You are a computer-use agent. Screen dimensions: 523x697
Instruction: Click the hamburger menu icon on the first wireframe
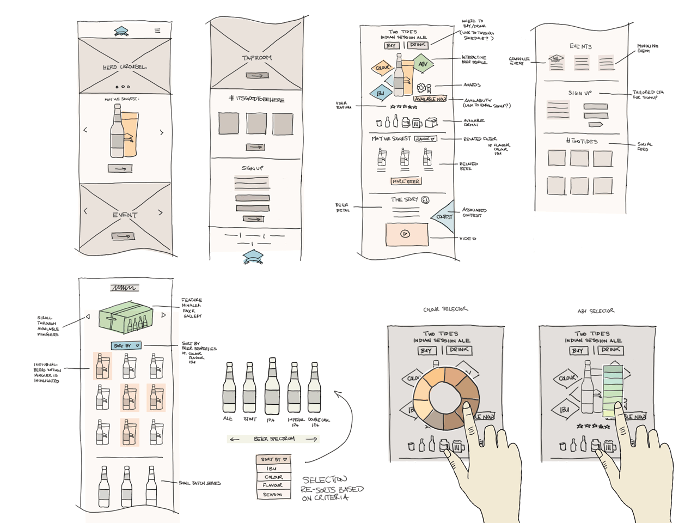point(157,31)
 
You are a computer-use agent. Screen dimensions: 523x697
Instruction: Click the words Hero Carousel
point(125,67)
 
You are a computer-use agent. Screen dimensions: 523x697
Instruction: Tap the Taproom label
point(256,58)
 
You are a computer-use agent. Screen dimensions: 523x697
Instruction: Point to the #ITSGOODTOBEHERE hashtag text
point(256,99)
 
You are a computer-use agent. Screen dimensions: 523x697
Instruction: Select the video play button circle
point(405,234)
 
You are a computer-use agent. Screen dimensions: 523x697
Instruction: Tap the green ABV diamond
point(423,64)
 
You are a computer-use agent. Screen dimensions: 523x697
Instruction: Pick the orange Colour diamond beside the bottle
point(383,68)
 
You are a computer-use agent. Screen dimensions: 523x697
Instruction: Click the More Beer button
point(406,181)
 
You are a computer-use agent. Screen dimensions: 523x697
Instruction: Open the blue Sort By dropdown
point(126,345)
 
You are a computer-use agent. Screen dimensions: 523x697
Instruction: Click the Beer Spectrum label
point(274,439)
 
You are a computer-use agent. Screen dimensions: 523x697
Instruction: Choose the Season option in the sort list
point(272,495)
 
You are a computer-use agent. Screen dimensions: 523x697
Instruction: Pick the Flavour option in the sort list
point(272,485)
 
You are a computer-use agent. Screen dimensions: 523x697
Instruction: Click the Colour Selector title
point(445,309)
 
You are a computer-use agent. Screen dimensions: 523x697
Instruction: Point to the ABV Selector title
point(596,311)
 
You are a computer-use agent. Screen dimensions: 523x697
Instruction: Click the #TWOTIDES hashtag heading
point(581,142)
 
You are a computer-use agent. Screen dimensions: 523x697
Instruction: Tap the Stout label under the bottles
point(250,419)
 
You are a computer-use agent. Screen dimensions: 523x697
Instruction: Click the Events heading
point(580,46)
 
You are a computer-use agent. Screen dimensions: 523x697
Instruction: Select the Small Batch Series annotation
point(199,483)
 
